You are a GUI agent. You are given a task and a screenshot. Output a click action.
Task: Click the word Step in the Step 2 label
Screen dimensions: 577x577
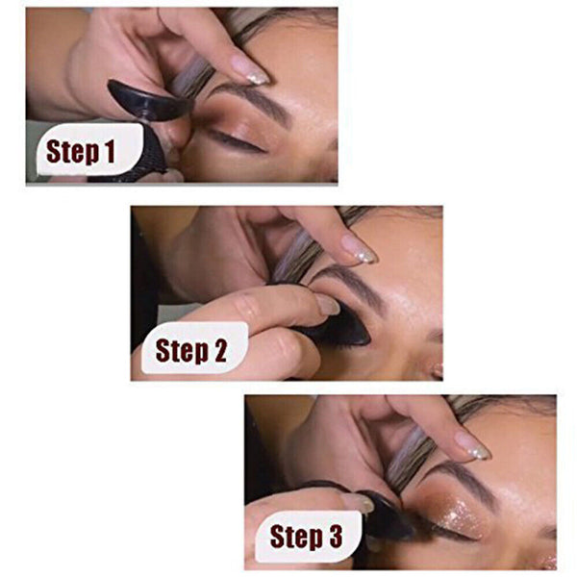[x=178, y=352]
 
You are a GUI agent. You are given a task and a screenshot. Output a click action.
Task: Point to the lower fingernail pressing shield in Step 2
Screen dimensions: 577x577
[x=327, y=305]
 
